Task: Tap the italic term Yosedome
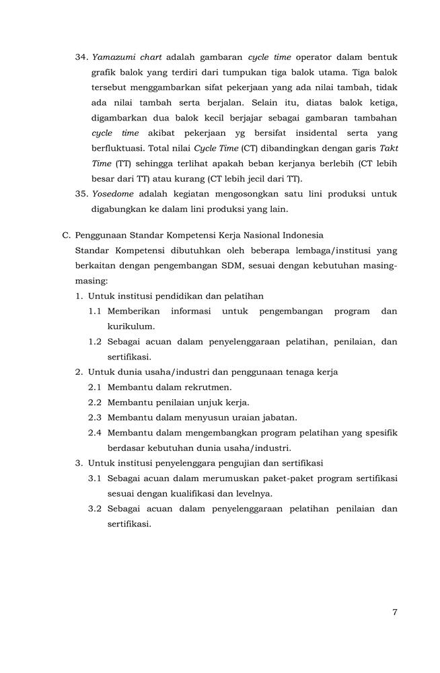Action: pos(112,194)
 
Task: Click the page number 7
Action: pos(394,612)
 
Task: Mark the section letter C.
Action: pos(66,235)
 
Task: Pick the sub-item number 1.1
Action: pos(95,311)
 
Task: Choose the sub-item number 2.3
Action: pos(95,417)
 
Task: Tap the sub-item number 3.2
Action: pos(95,509)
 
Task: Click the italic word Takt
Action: pos(388,148)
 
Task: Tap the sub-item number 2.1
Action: pos(95,387)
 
